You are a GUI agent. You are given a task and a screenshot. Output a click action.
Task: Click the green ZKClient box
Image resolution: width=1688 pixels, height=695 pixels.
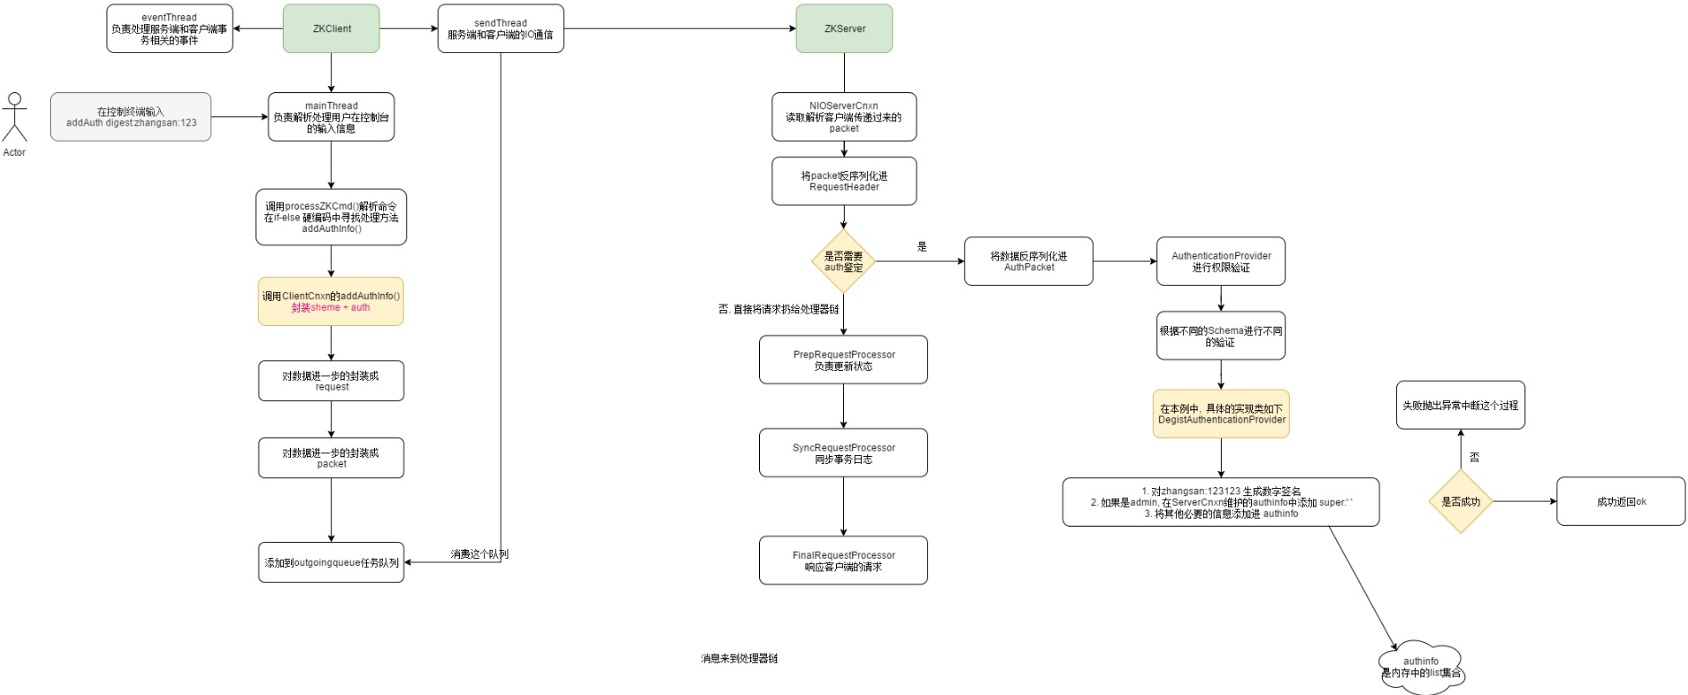point(331,29)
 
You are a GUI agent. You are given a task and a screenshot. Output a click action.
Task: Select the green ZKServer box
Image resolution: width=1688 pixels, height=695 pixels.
point(844,29)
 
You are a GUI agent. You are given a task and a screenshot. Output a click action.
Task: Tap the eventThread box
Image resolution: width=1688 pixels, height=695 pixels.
point(169,29)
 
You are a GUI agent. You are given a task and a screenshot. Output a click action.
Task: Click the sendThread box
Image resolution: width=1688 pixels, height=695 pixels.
point(500,29)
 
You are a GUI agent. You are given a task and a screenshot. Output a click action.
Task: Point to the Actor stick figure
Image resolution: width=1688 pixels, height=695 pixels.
point(14,118)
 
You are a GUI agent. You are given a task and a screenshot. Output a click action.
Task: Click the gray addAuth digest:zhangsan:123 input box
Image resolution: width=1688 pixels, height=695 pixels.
point(131,117)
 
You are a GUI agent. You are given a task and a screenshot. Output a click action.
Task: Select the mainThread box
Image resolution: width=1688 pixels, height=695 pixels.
point(331,117)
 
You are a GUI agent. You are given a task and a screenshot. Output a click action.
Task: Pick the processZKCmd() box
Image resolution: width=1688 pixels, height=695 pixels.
point(331,217)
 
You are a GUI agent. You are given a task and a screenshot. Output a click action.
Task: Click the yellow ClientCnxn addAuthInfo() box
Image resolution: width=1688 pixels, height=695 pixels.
point(331,302)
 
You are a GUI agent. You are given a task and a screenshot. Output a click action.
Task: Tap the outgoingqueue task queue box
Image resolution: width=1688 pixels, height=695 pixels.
point(331,562)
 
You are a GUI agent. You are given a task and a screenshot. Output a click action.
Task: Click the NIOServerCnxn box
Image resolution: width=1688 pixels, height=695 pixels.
point(844,117)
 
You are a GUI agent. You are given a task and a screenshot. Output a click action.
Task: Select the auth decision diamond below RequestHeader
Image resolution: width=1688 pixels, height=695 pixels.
point(843,262)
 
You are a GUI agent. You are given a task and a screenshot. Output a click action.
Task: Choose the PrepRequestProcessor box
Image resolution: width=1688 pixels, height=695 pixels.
point(843,360)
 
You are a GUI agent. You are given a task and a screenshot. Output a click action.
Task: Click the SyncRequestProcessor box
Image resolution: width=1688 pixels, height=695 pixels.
point(843,453)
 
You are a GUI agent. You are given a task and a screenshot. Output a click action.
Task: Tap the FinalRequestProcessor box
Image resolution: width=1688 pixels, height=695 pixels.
point(843,561)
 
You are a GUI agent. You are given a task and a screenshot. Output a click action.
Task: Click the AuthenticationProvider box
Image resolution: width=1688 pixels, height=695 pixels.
point(1221,262)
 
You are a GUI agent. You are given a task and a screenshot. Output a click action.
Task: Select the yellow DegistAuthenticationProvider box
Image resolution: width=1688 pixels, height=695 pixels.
point(1221,414)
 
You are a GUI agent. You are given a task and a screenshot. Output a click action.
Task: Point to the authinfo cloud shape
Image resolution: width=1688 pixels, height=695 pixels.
point(1421,666)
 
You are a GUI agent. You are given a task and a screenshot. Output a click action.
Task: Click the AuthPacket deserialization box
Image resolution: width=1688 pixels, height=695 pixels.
point(1028,262)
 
